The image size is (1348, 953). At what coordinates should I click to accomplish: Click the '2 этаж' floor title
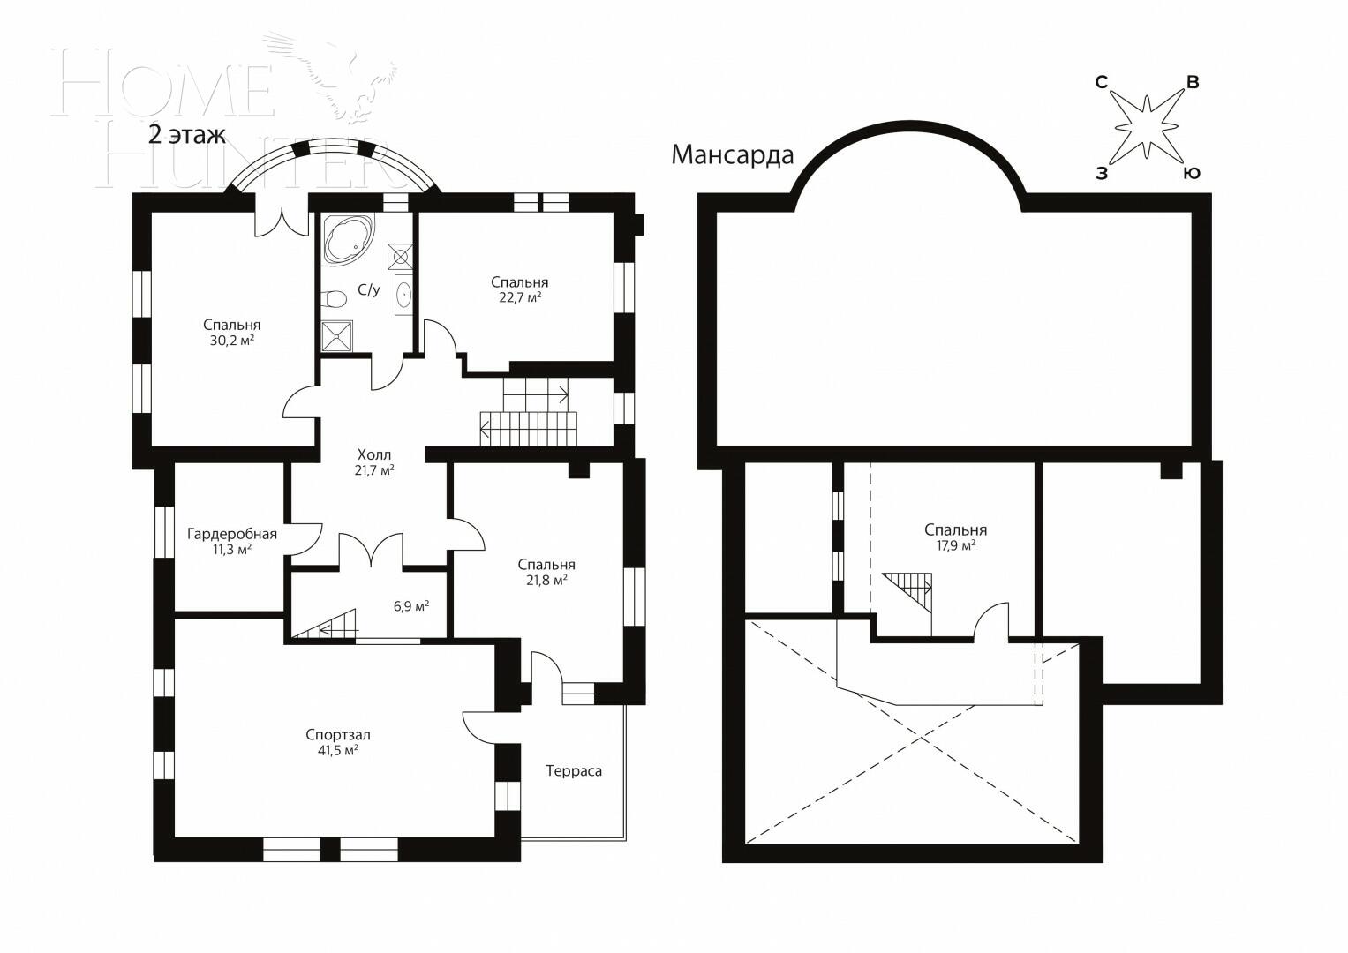pyautogui.click(x=187, y=135)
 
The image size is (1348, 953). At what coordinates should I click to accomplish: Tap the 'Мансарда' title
pyautogui.click(x=732, y=155)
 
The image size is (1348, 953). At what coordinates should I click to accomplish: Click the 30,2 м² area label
pyautogui.click(x=231, y=341)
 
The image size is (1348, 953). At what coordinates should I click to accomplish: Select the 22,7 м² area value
pyautogui.click(x=519, y=298)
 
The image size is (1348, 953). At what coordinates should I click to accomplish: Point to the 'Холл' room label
pyautogui.click(x=373, y=454)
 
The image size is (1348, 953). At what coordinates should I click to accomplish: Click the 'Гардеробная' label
pyautogui.click(x=231, y=534)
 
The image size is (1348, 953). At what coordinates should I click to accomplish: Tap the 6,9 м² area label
pyautogui.click(x=411, y=606)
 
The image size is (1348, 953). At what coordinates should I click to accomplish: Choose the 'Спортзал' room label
pyautogui.click(x=337, y=734)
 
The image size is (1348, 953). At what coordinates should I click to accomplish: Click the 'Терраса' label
pyautogui.click(x=573, y=770)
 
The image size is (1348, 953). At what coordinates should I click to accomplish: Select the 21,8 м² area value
pyautogui.click(x=546, y=580)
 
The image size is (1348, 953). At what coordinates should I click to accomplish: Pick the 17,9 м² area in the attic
pyautogui.click(x=955, y=545)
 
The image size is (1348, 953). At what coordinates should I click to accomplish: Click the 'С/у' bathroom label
pyautogui.click(x=368, y=289)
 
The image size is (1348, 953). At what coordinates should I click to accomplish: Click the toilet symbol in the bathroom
pyautogui.click(x=335, y=298)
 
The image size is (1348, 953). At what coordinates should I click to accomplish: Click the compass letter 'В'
pyautogui.click(x=1192, y=83)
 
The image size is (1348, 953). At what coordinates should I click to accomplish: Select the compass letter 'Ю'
pyautogui.click(x=1191, y=173)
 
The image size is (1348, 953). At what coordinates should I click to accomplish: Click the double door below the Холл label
pyautogui.click(x=371, y=549)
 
